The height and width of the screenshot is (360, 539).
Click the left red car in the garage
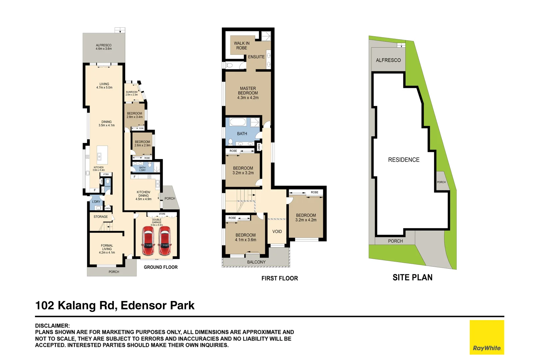148,241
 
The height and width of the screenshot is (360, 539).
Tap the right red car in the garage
164,241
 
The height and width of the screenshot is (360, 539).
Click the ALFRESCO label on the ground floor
104,47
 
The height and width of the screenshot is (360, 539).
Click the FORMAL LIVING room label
107,249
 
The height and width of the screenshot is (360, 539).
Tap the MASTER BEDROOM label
248,93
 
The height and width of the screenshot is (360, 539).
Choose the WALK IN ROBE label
242,46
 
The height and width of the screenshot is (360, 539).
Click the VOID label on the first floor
277,232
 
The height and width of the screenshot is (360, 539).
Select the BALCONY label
256,262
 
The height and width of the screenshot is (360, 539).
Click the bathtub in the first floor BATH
238,122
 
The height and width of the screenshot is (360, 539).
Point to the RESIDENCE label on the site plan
404,160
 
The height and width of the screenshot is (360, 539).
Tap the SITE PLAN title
412,278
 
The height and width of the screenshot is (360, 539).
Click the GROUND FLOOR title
161,267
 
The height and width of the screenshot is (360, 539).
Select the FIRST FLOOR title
279,278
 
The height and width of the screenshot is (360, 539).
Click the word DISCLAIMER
52,326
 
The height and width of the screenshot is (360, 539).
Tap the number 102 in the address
44,305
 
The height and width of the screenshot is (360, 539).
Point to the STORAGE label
101,217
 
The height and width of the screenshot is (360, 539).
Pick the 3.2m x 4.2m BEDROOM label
306,218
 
